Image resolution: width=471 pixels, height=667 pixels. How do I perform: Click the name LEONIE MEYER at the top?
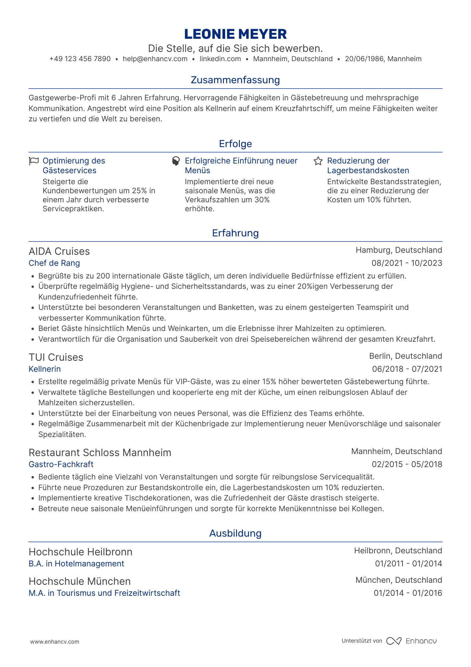pos(235,34)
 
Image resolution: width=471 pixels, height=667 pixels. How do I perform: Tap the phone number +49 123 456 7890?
pos(80,59)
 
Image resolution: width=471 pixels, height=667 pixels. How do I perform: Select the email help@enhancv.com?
pos(155,59)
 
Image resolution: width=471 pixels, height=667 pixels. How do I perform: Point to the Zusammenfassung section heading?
pos(235,80)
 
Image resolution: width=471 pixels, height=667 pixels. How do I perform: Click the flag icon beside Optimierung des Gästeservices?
pos(34,161)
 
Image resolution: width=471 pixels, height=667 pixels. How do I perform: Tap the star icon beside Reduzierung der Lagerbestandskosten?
pos(318,161)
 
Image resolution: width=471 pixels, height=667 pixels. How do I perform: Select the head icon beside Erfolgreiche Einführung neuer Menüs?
pos(176,161)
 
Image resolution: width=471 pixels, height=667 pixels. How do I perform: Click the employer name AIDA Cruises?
pos(59,251)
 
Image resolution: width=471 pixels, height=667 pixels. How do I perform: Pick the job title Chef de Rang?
pos(54,263)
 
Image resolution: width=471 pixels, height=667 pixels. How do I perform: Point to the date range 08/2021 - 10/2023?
pos(407,263)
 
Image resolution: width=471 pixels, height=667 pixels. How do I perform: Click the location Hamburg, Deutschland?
pos(399,250)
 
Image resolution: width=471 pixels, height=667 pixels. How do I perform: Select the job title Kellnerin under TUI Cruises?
pos(45,369)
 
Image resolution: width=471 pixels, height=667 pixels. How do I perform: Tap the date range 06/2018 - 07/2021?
pos(407,369)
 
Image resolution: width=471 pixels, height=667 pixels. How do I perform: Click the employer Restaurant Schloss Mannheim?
pos(100,453)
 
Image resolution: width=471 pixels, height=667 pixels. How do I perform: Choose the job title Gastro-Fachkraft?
pos(61,464)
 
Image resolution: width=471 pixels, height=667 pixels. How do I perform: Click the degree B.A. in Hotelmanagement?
pos(76,564)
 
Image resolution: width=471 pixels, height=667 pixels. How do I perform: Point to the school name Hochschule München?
pos(80,581)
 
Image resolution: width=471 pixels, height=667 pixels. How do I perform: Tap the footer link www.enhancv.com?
pos(55,642)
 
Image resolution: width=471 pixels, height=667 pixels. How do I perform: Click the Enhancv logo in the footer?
pos(412,641)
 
